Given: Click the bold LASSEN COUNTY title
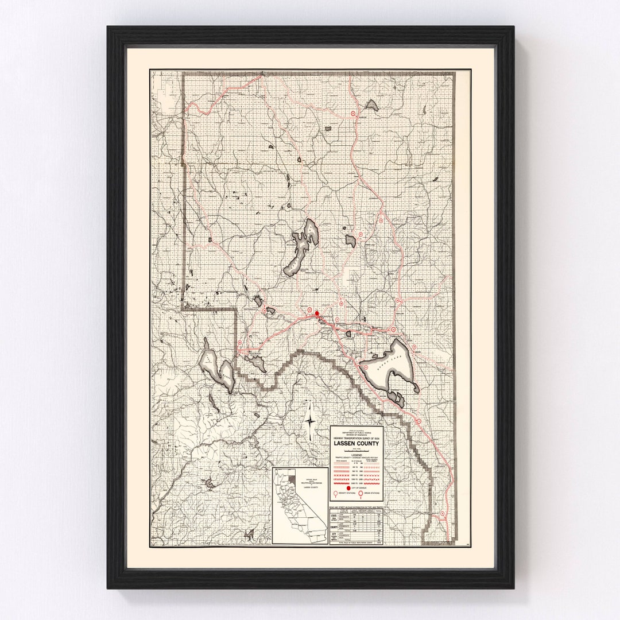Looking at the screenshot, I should point(356,443).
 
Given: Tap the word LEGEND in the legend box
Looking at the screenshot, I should point(356,454).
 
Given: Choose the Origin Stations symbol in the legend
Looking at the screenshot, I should point(360,493).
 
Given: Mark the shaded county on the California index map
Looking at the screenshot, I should point(292,477).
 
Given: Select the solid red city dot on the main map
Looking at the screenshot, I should point(316,314).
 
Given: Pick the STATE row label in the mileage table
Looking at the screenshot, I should point(334,516).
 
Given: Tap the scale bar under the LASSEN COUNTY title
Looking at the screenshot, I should point(356,448).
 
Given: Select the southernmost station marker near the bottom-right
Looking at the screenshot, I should point(442,513).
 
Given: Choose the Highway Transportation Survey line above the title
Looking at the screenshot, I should point(356,438).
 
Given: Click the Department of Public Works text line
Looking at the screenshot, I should point(356,431).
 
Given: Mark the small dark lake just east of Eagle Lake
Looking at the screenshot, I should point(350,241).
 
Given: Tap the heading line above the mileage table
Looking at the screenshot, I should point(356,507).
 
